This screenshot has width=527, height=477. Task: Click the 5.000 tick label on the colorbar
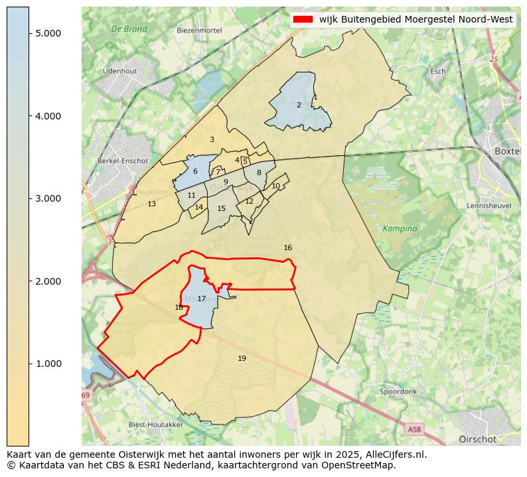coord(48,33)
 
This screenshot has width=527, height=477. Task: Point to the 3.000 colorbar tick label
coord(48,198)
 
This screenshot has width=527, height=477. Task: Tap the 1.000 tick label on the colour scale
coord(48,364)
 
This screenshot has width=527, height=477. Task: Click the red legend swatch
coord(302,19)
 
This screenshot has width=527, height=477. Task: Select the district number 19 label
coord(242,358)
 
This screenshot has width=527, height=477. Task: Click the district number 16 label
coord(287,247)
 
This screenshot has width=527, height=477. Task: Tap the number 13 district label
coord(151,204)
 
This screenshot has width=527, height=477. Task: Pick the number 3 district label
coord(212,139)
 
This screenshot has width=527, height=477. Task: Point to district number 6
coord(195,172)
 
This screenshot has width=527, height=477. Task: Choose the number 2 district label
coord(299,105)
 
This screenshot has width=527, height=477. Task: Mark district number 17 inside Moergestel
coord(201,299)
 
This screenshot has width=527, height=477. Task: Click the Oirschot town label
coord(477,439)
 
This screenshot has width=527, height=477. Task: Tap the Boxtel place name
coord(508,151)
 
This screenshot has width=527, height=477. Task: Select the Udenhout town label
coord(119,71)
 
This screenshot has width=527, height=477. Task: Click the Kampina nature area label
coord(400,228)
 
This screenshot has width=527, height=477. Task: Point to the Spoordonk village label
coord(398,391)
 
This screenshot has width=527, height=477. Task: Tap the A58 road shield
coord(414,430)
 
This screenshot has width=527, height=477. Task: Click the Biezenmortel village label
coord(199,31)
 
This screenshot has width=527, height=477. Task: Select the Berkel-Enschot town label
coord(122,161)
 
